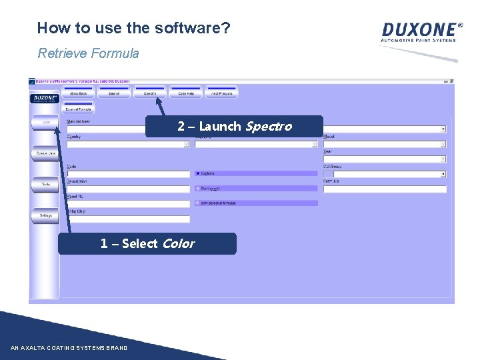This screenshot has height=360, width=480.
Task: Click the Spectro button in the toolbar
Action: [150, 93]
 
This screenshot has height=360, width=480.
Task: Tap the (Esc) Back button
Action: [79, 93]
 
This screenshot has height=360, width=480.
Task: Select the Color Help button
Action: [185, 93]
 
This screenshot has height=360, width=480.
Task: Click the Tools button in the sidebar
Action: [45, 184]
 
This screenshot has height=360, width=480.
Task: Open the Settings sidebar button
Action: [45, 215]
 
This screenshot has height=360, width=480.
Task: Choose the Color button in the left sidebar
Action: [45, 123]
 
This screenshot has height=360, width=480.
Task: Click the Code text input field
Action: [128, 174]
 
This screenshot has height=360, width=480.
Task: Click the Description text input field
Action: [128, 189]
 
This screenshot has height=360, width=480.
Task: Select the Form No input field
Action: [384, 189]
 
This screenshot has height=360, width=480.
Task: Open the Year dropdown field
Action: [384, 159]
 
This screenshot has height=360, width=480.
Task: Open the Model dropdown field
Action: [384, 143]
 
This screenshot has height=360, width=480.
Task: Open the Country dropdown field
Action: [128, 143]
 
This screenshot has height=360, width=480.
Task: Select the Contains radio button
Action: [198, 173]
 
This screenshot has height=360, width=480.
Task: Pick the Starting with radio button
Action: [198, 189]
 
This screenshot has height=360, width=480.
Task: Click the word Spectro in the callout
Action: [269, 127]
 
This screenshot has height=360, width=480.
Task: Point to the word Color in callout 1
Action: [178, 244]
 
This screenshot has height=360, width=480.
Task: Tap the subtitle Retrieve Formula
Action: [88, 53]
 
